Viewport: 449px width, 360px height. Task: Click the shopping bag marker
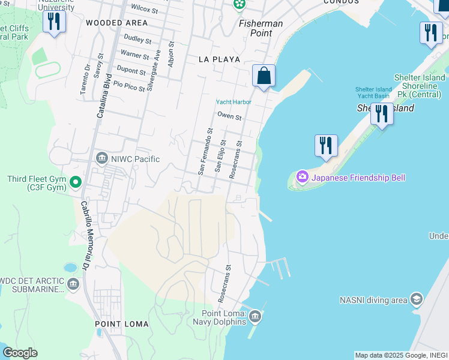[264, 76]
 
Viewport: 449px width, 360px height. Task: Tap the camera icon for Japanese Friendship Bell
[302, 177]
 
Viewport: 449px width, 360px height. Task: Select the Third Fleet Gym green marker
[76, 182]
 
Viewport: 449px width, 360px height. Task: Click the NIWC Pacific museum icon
[101, 158]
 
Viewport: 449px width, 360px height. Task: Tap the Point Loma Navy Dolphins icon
[255, 316]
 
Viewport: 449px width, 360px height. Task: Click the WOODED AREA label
[116, 23]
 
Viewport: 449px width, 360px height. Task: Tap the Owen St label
[229, 116]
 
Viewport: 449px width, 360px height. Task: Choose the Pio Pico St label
[129, 86]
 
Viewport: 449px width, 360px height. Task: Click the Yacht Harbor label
[234, 102]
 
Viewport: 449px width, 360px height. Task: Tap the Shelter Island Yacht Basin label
[373, 92]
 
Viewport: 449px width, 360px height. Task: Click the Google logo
[20, 353]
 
